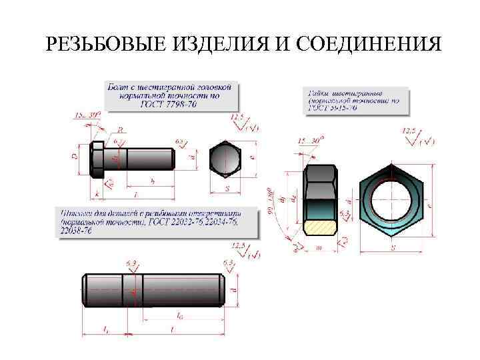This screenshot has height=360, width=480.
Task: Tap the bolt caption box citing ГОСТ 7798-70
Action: point(172,96)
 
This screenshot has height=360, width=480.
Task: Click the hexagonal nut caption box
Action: point(353,99)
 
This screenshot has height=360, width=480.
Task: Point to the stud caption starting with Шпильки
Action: point(149,220)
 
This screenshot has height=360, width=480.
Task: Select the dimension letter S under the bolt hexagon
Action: point(227,189)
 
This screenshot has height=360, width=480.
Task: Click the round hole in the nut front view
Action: point(391,200)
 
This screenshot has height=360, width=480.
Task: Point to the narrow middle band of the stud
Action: point(133,291)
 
